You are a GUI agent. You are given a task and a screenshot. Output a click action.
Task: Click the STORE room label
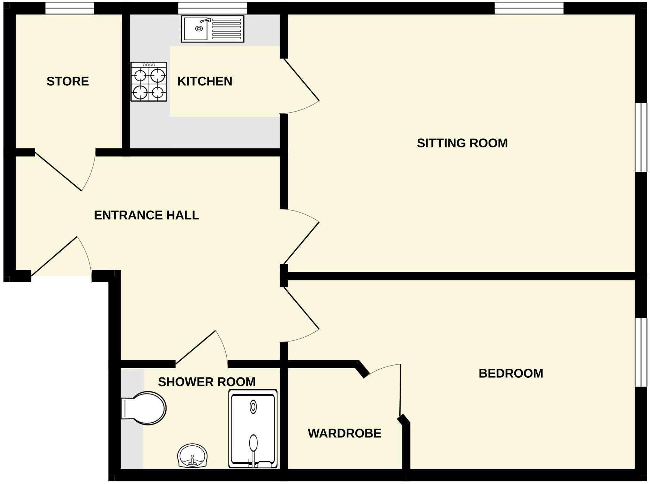click(x=68, y=81)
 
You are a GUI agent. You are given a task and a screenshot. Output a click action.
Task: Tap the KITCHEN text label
click(x=205, y=81)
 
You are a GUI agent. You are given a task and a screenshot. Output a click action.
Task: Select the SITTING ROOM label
click(x=462, y=143)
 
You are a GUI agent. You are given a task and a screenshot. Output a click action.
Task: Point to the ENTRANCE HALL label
click(x=146, y=215)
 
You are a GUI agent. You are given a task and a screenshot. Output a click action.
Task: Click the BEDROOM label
click(x=511, y=373)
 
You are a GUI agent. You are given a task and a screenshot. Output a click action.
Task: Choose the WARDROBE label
click(x=344, y=433)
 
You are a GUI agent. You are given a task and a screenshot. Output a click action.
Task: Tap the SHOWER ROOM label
click(x=206, y=382)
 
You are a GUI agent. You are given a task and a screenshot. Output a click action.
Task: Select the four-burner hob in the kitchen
click(x=149, y=82)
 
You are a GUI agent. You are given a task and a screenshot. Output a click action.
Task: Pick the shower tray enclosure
click(x=253, y=429)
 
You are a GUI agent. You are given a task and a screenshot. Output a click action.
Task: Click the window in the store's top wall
click(x=70, y=8)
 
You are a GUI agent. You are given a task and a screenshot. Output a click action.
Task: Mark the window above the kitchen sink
click(x=212, y=8)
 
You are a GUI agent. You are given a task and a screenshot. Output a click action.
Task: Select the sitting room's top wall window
click(x=529, y=8)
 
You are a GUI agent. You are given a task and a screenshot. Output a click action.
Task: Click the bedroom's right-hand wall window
click(x=641, y=352)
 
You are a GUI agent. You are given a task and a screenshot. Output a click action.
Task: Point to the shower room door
click(x=195, y=347)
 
